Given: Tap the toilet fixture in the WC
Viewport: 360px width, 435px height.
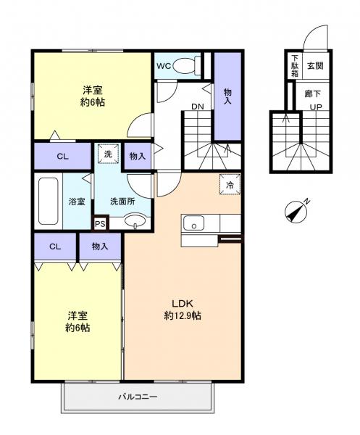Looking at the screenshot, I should coord(191,66).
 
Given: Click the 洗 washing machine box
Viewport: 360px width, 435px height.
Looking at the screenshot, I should coord(106,154).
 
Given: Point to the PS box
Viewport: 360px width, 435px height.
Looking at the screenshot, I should coord(100,224).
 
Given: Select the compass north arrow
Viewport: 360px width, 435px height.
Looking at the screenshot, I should coord(297,211).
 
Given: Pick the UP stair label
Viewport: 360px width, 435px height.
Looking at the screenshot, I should coord(317,107).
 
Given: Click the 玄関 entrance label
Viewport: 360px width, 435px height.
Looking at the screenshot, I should coord(315,65).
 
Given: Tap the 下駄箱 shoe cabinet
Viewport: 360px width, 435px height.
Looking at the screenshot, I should coord(295,65).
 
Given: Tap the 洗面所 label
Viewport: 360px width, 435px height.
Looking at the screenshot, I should coord(122,201).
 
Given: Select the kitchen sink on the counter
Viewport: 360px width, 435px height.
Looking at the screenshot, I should coord(193,224).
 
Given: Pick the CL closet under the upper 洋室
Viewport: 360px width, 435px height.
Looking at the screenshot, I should coord(62,155).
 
